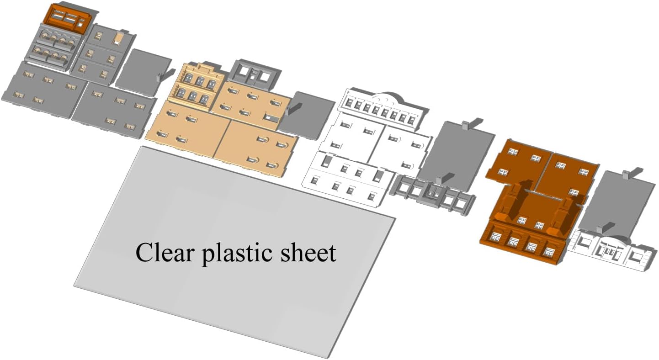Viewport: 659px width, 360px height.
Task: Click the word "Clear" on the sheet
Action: (x=165, y=251)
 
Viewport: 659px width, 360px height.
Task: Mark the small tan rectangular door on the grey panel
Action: (x=118, y=38)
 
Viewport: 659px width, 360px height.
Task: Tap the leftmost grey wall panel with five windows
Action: (x=44, y=90)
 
